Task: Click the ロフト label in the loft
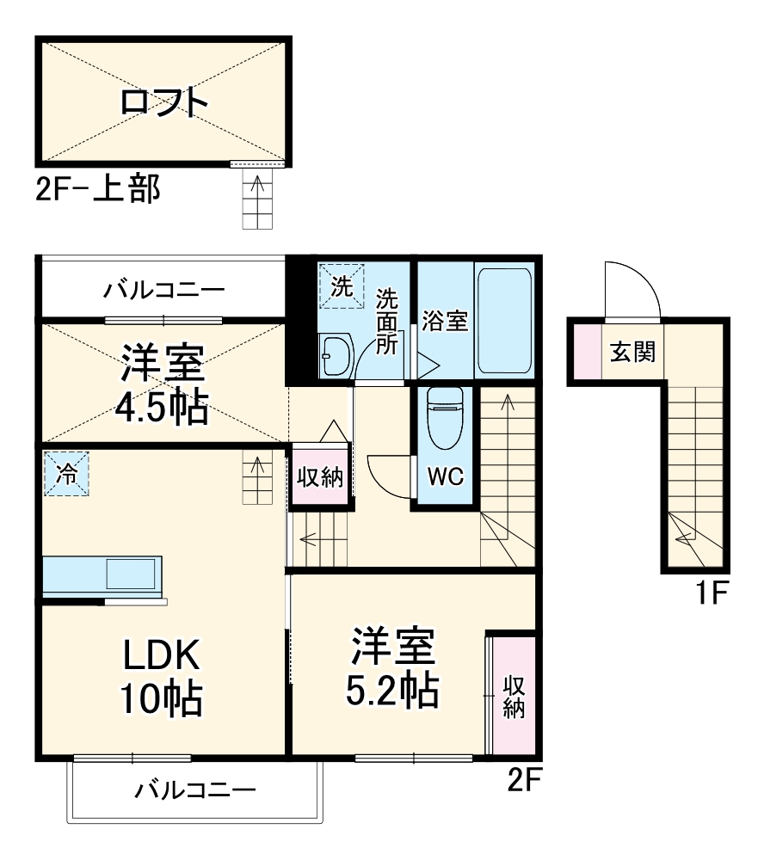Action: tap(164, 102)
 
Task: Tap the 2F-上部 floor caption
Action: tap(97, 189)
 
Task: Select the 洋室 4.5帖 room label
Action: tap(163, 384)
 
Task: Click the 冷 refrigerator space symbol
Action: tap(66, 473)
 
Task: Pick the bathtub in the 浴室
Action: tap(506, 319)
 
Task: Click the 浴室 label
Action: tap(445, 321)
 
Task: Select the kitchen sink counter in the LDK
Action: tap(102, 575)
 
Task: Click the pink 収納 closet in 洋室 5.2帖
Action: tap(514, 696)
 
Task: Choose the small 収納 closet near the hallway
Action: tap(319, 477)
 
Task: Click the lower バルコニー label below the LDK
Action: tap(195, 789)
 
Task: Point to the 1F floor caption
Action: tap(712, 593)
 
